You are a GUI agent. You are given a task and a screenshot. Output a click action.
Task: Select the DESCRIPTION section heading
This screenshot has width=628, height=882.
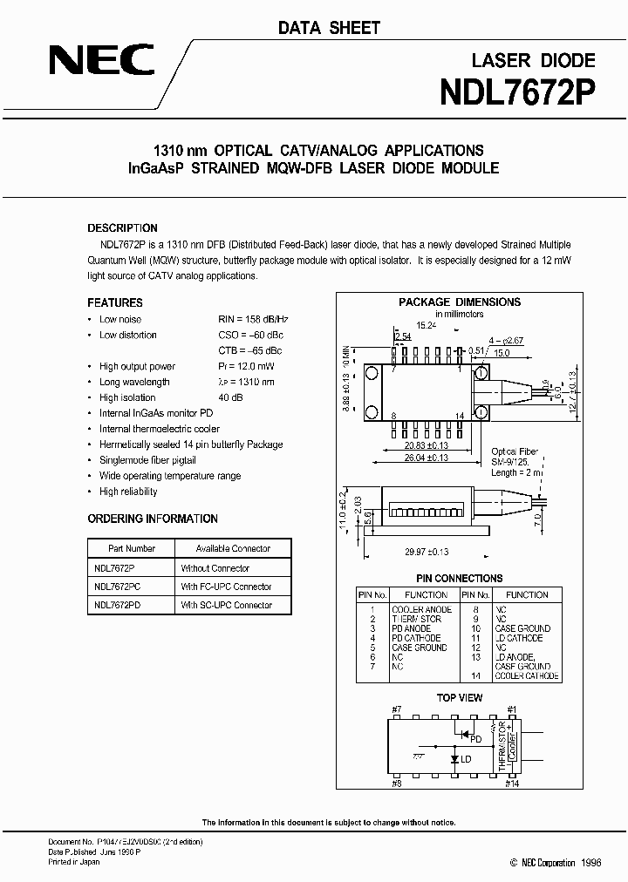[123, 228]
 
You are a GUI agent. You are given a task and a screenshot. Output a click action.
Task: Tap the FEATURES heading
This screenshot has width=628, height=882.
[115, 303]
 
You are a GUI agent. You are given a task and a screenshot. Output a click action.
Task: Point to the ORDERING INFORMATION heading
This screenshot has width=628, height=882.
[153, 519]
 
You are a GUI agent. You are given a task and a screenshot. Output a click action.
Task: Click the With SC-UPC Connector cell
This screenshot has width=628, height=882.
[226, 605]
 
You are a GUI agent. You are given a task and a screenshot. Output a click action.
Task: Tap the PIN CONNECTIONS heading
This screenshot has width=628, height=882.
[460, 578]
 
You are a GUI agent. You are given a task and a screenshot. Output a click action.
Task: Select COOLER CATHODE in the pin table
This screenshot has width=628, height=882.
[529, 676]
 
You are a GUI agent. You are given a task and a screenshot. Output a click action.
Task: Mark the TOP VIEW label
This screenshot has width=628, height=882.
[459, 698]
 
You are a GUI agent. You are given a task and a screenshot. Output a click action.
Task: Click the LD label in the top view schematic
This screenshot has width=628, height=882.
[466, 759]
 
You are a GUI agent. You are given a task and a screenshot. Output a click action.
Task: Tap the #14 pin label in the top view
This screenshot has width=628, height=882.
[511, 784]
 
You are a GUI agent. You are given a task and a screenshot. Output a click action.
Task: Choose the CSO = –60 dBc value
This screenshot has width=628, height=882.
[250, 335]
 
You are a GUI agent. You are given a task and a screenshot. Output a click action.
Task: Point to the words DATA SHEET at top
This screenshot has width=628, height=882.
[329, 28]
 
